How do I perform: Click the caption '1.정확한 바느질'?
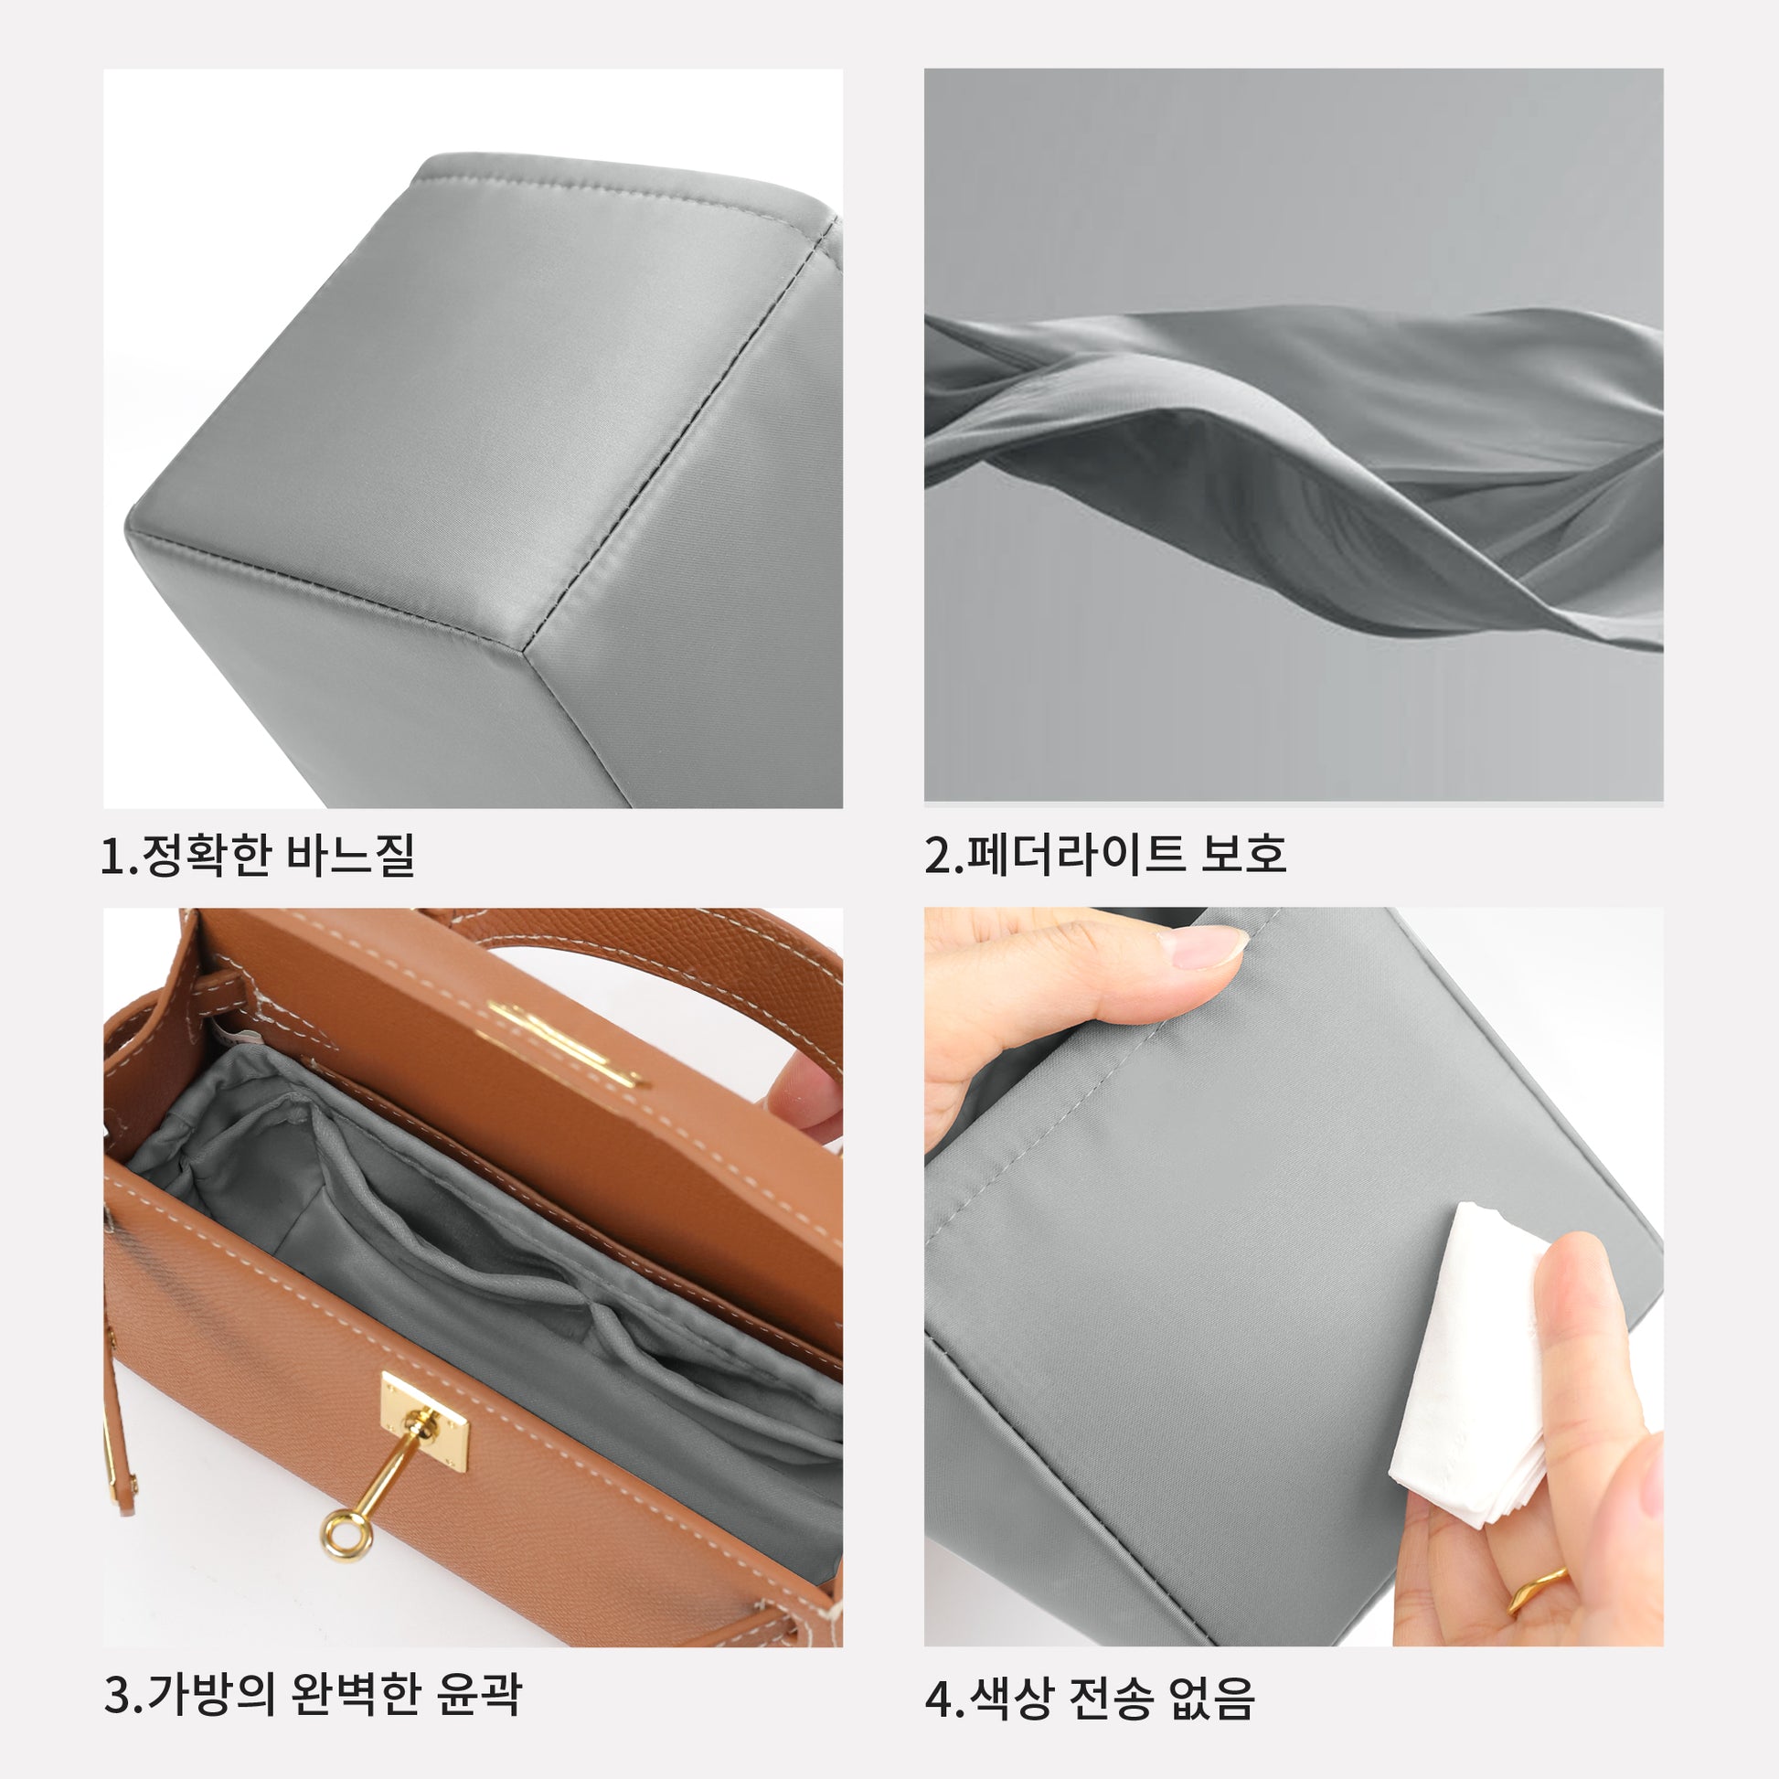coord(258,855)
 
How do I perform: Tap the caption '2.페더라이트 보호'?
coord(1105,855)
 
